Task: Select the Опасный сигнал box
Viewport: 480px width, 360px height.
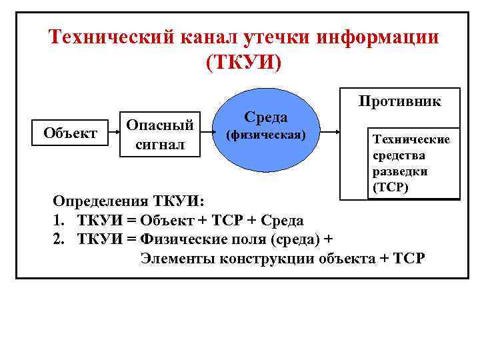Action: (x=160, y=134)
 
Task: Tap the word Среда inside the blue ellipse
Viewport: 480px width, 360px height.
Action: (x=265, y=117)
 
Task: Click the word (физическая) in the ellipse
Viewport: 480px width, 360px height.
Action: (x=265, y=135)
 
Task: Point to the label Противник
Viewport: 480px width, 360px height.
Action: (x=399, y=101)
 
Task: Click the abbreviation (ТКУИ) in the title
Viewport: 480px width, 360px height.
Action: (x=244, y=62)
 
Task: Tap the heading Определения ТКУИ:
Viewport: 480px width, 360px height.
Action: (x=130, y=201)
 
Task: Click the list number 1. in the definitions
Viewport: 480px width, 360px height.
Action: (x=59, y=220)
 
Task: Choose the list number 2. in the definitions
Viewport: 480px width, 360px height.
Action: (x=59, y=239)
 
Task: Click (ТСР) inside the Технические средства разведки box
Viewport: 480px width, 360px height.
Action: (x=391, y=187)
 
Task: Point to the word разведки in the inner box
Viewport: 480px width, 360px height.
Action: (x=400, y=171)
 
